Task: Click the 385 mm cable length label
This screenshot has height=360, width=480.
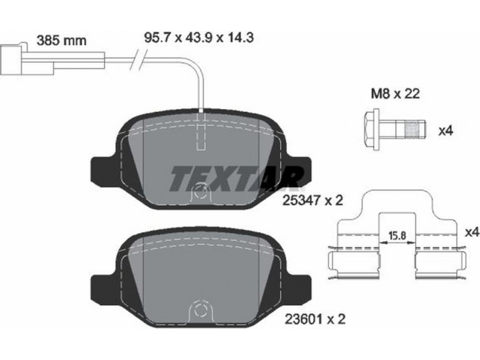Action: click(61, 40)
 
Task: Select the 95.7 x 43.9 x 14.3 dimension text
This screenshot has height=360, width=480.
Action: click(199, 38)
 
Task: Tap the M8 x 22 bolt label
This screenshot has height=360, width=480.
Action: click(395, 94)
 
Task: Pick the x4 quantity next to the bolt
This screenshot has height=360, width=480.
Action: click(445, 131)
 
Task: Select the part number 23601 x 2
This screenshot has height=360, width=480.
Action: click(315, 320)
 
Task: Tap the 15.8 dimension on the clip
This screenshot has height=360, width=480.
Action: click(397, 235)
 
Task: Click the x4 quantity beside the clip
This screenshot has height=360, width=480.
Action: click(472, 233)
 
